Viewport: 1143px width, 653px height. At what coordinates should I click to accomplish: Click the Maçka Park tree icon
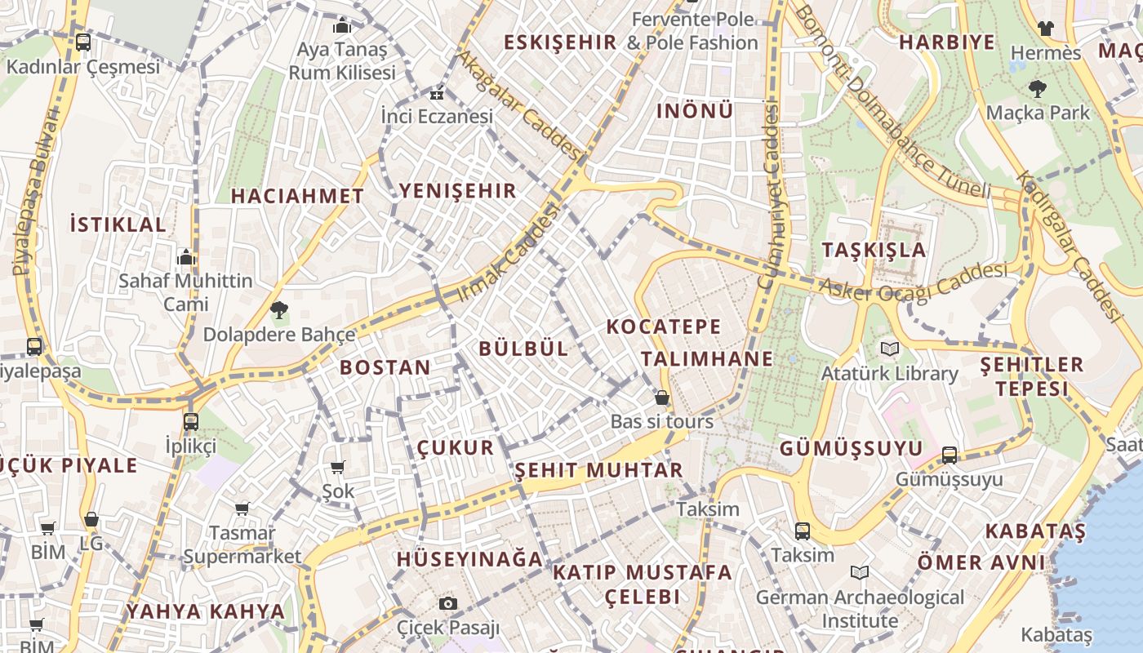click(x=1038, y=88)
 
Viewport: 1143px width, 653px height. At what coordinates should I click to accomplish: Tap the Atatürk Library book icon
click(x=890, y=349)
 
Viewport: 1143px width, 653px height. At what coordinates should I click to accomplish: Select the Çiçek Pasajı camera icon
click(x=447, y=604)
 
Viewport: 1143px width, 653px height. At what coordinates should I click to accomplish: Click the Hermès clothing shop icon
click(x=1045, y=29)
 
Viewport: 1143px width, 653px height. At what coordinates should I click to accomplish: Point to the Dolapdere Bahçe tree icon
click(x=279, y=309)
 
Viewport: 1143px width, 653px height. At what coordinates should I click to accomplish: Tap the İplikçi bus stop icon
click(x=191, y=422)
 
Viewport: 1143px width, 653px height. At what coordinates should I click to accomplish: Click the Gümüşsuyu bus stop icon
click(x=950, y=455)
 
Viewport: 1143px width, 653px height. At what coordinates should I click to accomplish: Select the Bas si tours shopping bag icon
click(x=662, y=398)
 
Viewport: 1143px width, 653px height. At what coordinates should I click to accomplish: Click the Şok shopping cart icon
click(x=338, y=467)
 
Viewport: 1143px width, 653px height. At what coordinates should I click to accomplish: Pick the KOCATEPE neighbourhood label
click(x=664, y=327)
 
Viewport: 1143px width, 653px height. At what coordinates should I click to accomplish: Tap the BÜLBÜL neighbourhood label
click(x=523, y=349)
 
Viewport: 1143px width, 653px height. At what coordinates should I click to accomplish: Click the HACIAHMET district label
click(x=297, y=196)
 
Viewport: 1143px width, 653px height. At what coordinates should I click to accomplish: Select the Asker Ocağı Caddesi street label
click(x=913, y=282)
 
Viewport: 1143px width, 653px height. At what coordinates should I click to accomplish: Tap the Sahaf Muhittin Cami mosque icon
click(x=186, y=257)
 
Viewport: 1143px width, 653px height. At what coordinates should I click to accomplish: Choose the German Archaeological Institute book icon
click(x=859, y=572)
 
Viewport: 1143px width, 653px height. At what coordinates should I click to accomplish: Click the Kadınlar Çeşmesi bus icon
click(x=82, y=42)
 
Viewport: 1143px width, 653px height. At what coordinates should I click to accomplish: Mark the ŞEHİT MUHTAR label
click(x=599, y=470)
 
